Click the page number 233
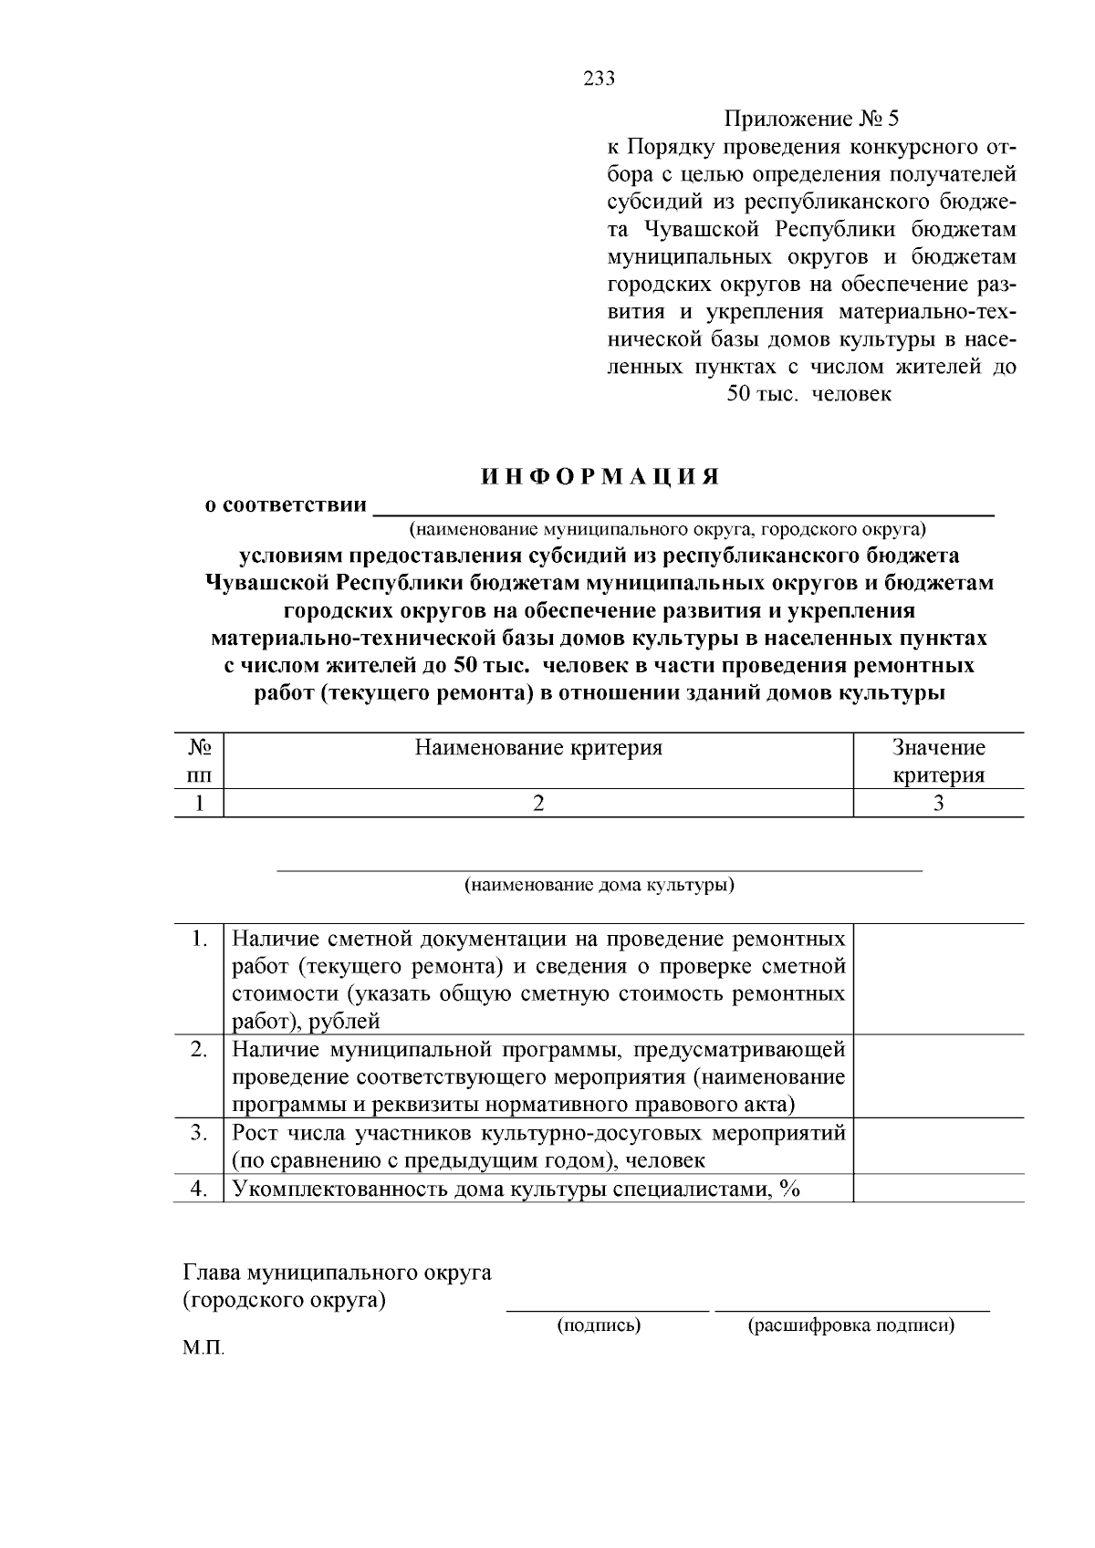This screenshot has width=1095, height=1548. pos(600,78)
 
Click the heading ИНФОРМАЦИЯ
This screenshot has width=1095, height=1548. pos(600,477)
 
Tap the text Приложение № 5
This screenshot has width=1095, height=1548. pos(811,119)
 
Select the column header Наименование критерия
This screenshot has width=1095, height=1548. pos(538,748)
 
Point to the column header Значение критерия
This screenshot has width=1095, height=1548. pos(938,761)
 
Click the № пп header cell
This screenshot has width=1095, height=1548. pos(199,761)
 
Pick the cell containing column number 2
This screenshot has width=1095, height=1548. pos(538,803)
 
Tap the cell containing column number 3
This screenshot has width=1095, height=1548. pos(938,803)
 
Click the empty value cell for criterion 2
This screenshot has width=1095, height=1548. pos(938,1076)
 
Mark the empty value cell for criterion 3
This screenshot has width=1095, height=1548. pos(938,1147)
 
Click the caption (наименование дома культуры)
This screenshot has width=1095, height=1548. pos(600,885)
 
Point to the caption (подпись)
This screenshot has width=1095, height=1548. pos(599,1325)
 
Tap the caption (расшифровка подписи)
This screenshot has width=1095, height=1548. pos(850,1325)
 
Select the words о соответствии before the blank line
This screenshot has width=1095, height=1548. pos(285,504)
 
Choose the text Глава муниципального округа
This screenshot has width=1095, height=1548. pos(338,1272)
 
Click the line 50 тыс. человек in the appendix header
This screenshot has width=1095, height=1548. pos(808,394)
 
